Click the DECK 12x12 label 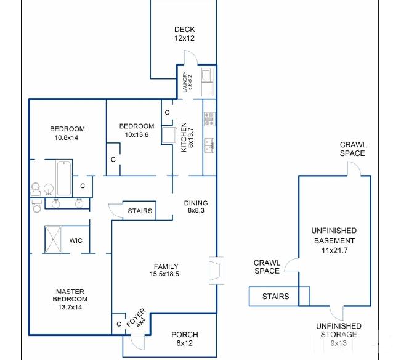184,34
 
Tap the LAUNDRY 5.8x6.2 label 187,82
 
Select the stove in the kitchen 209,119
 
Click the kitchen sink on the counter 209,145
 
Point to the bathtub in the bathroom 64,178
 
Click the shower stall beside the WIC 53,240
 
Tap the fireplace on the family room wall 217,271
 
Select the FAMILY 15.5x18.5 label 164,270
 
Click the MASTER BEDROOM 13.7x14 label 70,300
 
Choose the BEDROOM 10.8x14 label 67,133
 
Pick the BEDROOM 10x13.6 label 137,130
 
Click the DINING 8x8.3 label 196,207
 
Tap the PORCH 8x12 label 184,338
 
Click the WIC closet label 76,240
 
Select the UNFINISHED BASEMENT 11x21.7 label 334,240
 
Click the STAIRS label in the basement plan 275,297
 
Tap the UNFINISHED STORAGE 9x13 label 339,334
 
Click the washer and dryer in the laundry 208,82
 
